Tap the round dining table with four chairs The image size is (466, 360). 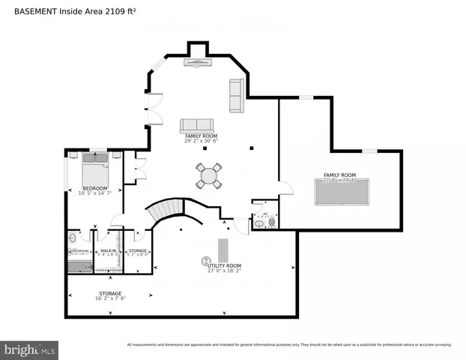(209, 176)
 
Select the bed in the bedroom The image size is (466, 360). (95, 169)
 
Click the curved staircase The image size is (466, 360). (168, 211)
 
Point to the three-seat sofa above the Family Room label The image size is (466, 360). (196, 125)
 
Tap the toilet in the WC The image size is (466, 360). (270, 223)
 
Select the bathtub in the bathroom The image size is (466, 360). (79, 265)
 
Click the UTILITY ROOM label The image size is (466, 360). (224, 265)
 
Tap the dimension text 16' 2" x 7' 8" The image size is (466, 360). (110, 298)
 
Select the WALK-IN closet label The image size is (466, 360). (109, 250)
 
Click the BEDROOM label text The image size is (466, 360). (95, 187)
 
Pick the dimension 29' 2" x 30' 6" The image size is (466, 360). (201, 141)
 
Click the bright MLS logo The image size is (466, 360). (30, 349)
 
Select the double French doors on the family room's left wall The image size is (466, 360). (154, 109)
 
